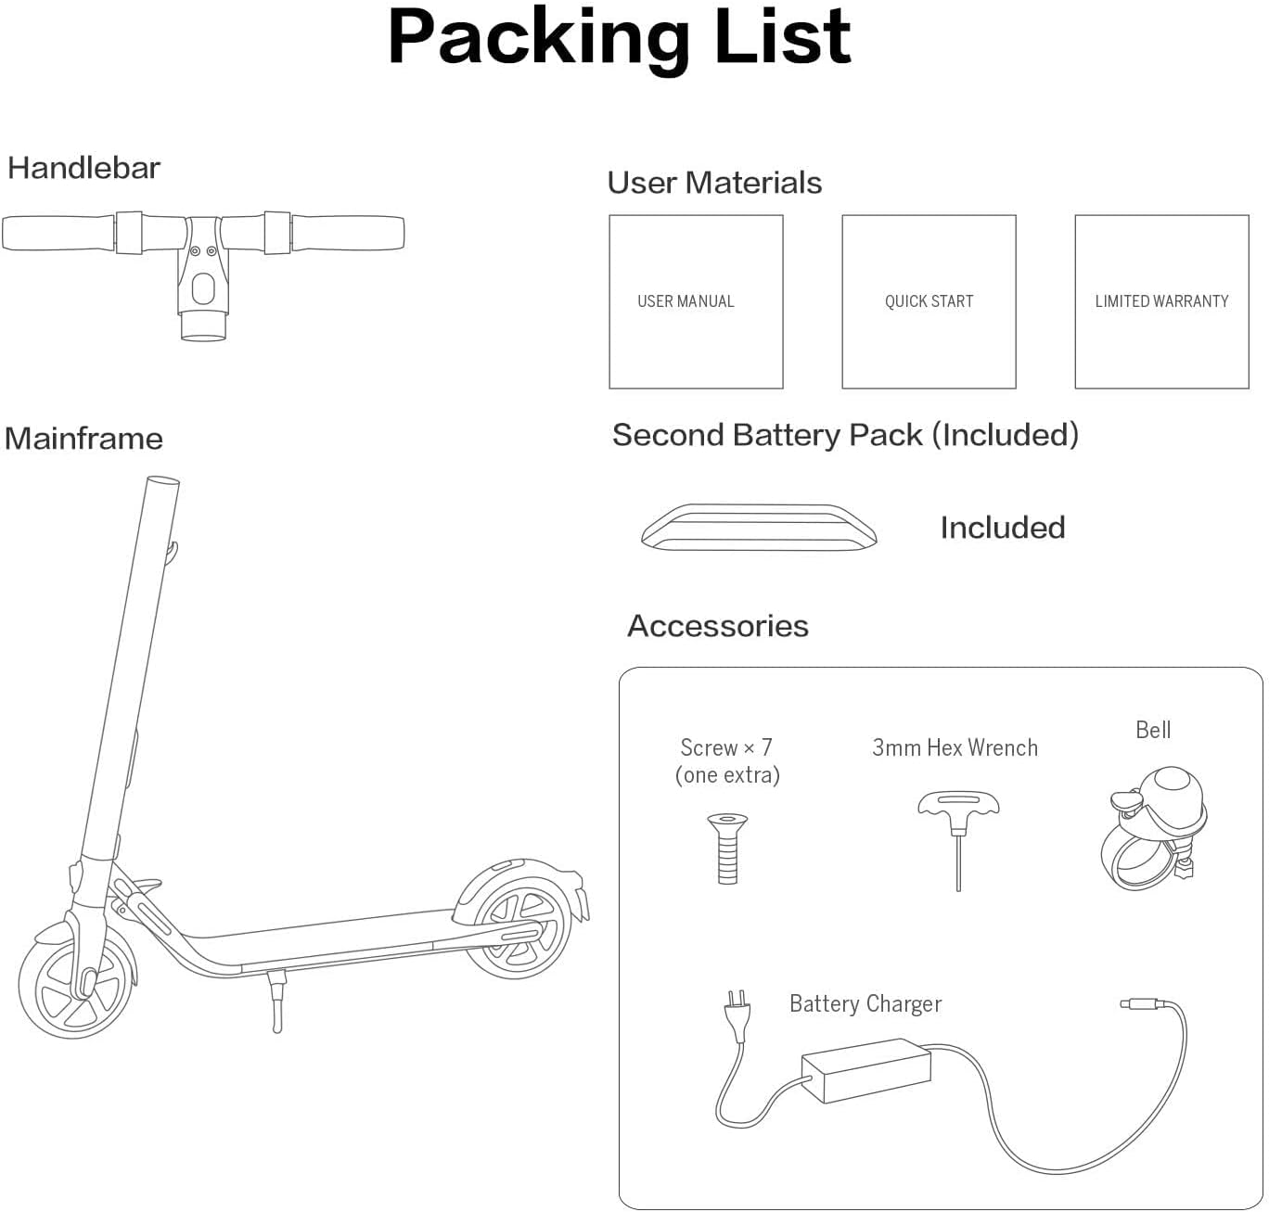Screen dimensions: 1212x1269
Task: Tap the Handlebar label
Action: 83,168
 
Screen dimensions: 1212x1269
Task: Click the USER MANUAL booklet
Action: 696,301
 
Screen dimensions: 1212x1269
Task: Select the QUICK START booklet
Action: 929,301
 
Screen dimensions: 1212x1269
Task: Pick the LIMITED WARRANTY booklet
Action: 1161,301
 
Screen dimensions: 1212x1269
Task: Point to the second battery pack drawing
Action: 759,527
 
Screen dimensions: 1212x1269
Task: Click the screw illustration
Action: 727,848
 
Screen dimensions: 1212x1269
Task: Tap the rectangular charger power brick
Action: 866,1070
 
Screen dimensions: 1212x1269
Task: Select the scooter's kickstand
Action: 276,1001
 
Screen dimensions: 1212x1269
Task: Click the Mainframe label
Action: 83,439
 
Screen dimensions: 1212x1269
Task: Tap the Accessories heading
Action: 718,626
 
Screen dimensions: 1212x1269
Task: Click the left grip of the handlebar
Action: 58,233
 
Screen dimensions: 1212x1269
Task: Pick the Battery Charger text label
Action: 865,1004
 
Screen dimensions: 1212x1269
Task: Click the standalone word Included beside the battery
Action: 1002,528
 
